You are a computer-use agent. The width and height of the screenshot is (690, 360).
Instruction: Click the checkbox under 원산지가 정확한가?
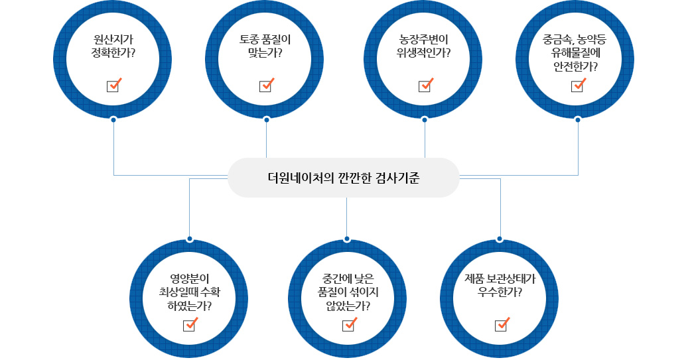(113, 86)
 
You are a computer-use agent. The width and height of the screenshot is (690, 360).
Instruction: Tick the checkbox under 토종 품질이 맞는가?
(265, 86)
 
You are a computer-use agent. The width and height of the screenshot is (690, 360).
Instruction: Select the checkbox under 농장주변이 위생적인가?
(425, 86)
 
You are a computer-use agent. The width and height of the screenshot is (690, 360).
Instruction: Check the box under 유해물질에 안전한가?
(577, 86)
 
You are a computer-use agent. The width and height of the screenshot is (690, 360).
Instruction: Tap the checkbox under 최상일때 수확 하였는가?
(189, 326)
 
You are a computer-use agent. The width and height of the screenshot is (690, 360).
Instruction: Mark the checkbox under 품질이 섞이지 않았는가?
(348, 326)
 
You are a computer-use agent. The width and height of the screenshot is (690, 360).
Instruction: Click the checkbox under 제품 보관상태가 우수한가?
(501, 326)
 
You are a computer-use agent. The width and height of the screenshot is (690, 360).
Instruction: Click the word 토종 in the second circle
(249, 39)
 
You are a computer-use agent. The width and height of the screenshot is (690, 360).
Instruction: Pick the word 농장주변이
(425, 39)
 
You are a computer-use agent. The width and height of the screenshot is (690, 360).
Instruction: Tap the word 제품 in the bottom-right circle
(476, 278)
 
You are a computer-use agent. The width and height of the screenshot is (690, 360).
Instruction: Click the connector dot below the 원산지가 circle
(113, 120)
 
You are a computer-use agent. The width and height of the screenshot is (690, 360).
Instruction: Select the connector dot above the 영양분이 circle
(190, 239)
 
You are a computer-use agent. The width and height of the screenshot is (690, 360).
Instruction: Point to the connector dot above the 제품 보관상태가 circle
(500, 239)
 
